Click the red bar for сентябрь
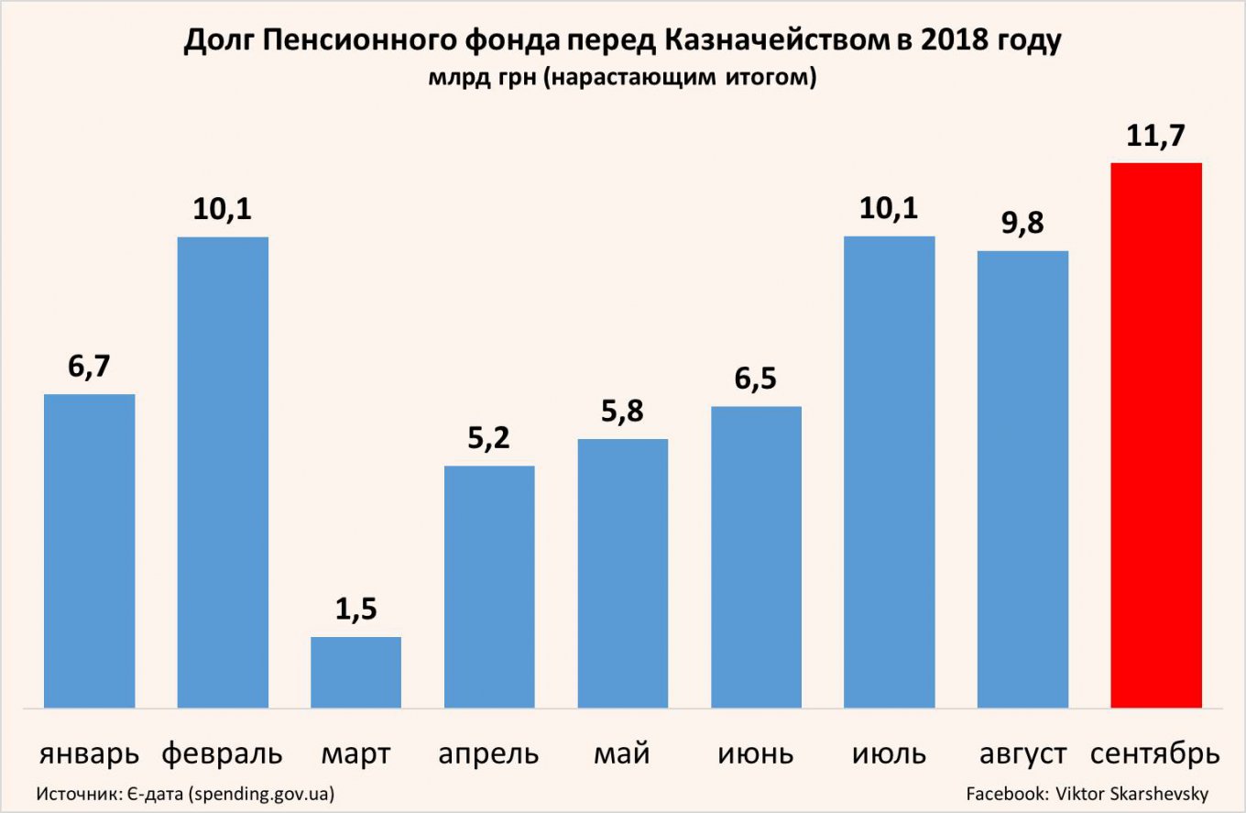click(1155, 435)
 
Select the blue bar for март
click(355, 672)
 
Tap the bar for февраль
click(223, 472)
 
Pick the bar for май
click(623, 573)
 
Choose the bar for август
click(1022, 478)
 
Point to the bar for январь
click(89, 550)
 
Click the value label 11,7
click(1155, 137)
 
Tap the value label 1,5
click(355, 610)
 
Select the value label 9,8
click(1022, 224)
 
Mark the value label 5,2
click(489, 439)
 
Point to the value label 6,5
click(756, 379)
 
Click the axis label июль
click(889, 754)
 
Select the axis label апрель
click(489, 755)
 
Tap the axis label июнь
click(756, 754)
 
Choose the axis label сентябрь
click(1155, 755)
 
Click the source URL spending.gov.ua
click(259, 793)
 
